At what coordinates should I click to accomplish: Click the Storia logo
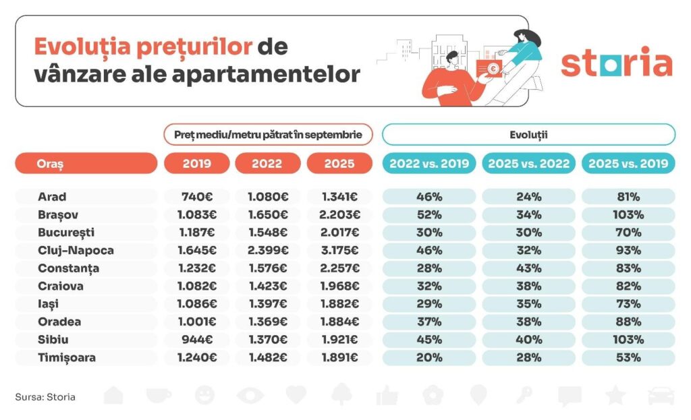(x=616, y=63)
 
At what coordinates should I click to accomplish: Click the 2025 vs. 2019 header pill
(x=628, y=164)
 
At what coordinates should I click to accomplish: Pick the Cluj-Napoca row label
(x=76, y=251)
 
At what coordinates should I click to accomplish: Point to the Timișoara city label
(x=67, y=358)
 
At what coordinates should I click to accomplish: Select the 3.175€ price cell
(x=339, y=251)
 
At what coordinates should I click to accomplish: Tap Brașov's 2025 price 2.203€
(x=339, y=215)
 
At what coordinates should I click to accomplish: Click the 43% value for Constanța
(x=528, y=268)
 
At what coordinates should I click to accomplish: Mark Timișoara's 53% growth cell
(x=628, y=358)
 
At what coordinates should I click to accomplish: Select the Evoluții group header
(x=528, y=135)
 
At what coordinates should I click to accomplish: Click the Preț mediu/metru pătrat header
(x=268, y=135)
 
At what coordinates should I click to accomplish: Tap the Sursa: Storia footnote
(x=45, y=397)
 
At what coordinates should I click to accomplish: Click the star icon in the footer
(x=615, y=396)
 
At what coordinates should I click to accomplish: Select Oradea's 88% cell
(x=628, y=322)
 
